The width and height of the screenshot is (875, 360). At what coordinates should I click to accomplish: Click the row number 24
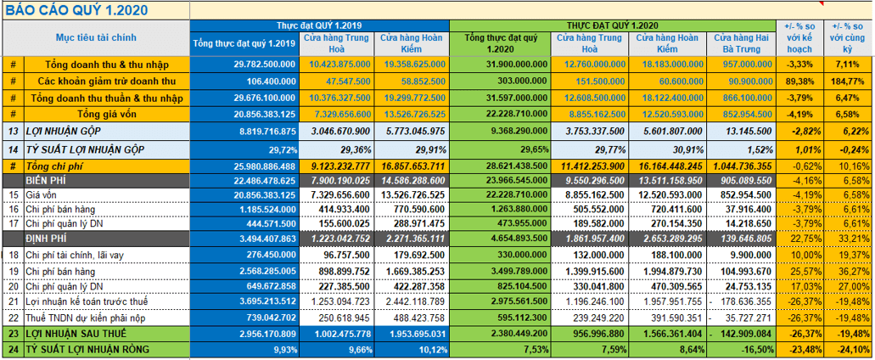tap(13, 349)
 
